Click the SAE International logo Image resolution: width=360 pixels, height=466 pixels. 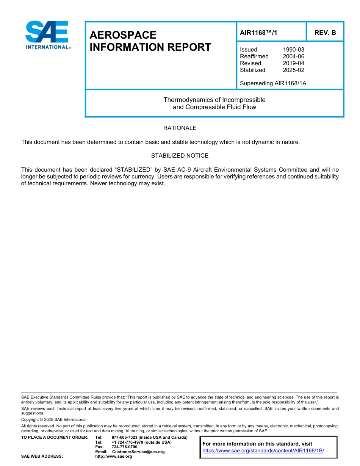47,35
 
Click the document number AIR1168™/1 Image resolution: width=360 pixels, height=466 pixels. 258,33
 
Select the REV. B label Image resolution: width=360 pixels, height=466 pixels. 325,33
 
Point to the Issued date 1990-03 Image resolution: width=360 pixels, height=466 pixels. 293,50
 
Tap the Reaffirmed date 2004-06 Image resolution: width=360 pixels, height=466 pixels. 293,56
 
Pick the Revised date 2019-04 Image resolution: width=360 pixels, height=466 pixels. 293,63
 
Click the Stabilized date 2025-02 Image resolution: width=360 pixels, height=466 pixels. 293,70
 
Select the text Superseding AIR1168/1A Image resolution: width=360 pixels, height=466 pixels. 273,83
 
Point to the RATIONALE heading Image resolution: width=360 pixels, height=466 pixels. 180,128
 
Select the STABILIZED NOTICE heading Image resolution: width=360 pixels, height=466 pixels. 180,156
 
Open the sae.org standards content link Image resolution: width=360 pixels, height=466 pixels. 263,451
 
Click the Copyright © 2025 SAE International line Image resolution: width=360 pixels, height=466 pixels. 54,419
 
